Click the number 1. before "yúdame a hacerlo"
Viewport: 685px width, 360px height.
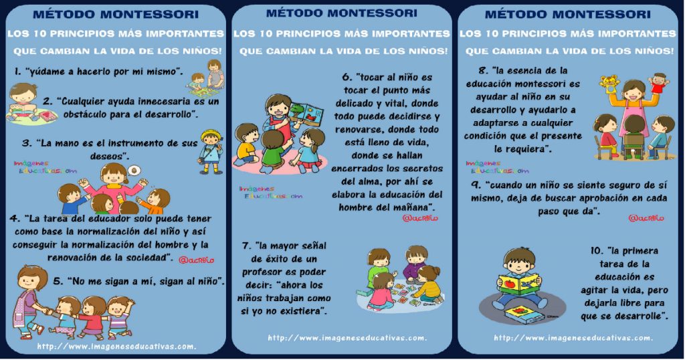click(18, 70)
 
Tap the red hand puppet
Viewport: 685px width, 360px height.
click(659, 84)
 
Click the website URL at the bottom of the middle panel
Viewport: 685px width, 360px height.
click(347, 338)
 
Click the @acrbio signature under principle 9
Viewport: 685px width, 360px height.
click(646, 218)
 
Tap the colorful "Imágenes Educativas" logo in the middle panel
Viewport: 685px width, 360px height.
click(270, 192)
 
